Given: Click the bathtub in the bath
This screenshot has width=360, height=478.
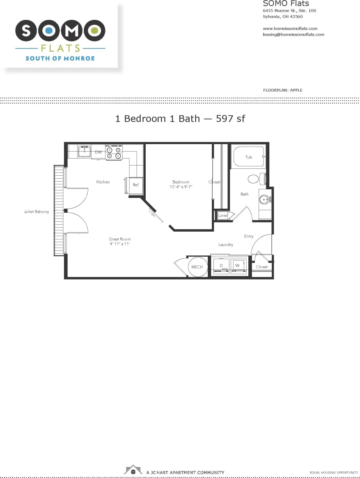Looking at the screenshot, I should click(x=248, y=156).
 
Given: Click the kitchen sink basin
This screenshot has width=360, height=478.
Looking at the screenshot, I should click(x=85, y=151).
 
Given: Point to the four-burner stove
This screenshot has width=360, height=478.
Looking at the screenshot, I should click(x=114, y=152).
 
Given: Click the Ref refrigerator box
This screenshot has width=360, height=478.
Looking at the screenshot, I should click(x=135, y=185).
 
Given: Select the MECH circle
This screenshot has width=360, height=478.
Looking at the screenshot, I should click(x=197, y=267).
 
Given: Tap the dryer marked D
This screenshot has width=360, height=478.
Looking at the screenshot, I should click(x=221, y=267).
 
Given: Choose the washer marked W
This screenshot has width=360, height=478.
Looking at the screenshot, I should click(x=238, y=266).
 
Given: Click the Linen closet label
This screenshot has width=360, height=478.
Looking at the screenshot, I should click(x=223, y=215).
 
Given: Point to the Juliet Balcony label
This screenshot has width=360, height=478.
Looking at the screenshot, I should click(x=37, y=212).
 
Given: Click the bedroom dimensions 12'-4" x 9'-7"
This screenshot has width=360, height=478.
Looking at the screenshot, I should click(x=181, y=187).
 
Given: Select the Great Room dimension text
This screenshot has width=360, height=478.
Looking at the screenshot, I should click(x=120, y=244).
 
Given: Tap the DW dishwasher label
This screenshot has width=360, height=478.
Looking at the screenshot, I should click(x=98, y=152).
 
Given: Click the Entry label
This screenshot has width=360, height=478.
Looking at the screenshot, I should click(x=248, y=236).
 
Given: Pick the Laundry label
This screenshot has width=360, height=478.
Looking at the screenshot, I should click(x=226, y=245).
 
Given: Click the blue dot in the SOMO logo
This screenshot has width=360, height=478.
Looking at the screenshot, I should click(x=49, y=30).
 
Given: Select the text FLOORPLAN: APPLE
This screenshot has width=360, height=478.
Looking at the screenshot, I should click(x=282, y=90).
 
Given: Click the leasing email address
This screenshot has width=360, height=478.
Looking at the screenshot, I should click(x=293, y=34).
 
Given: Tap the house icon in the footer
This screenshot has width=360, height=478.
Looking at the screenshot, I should click(x=133, y=469).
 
